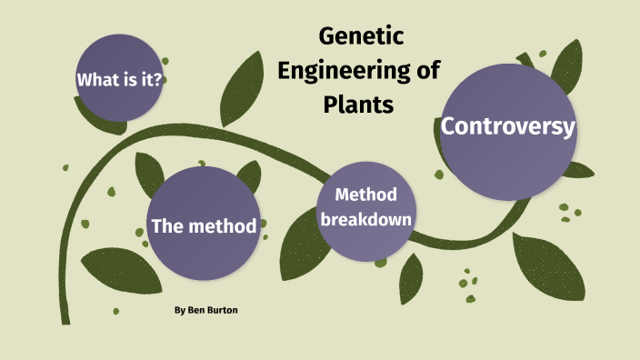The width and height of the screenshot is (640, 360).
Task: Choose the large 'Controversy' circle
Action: pos(507,132)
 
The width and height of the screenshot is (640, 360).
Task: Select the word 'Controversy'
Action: pos(507,126)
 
